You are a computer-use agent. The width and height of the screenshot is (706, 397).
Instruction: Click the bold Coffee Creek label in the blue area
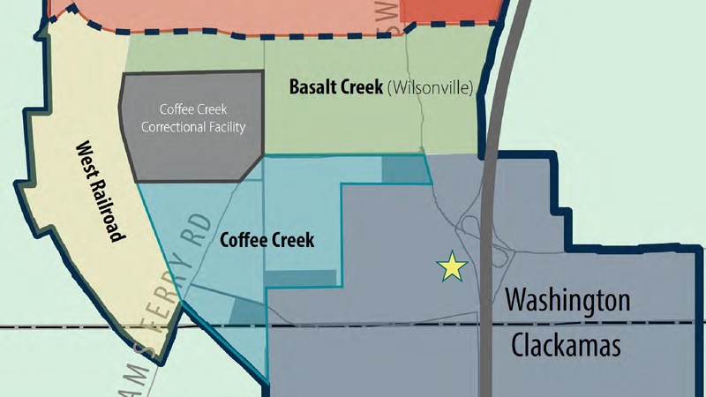point(267,239)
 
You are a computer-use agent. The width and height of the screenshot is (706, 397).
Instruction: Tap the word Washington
point(567,300)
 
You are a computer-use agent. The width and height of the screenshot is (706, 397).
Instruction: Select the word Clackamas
point(567,345)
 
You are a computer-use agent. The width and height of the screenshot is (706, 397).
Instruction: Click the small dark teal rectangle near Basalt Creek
point(403,170)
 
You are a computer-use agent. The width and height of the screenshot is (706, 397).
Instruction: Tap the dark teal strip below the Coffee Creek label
point(300,278)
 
